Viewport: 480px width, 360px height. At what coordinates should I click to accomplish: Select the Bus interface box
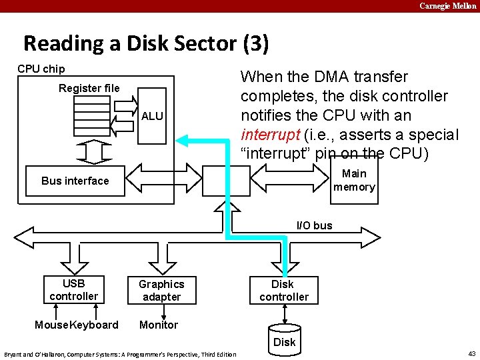coord(75,181)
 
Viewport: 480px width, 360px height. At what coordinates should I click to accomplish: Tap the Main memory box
coord(354,180)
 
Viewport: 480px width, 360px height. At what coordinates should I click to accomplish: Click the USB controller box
coord(73,289)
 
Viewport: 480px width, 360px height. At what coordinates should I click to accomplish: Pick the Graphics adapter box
coord(161,290)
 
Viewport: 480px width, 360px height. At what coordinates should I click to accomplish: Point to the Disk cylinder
coord(284,339)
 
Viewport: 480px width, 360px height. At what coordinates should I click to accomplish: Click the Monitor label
coord(159,325)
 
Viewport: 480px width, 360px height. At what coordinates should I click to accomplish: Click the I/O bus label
coord(314,225)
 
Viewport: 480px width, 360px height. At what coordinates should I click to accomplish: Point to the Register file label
coord(89,88)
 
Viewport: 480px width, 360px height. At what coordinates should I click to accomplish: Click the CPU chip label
coord(41,69)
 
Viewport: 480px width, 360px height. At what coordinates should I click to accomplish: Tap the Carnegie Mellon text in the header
coord(447,6)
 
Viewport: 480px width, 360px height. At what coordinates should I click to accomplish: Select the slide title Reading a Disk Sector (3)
coord(146,44)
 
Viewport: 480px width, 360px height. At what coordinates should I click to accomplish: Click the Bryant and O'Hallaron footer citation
coord(120,354)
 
